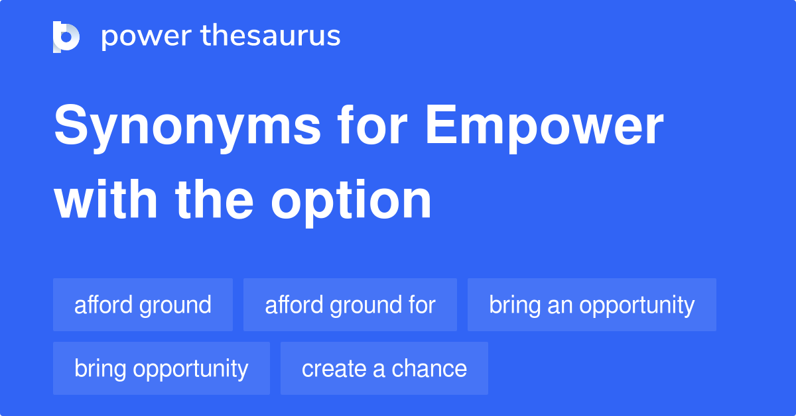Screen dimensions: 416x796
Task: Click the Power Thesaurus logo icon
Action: point(66,36)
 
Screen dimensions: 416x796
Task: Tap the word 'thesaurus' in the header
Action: point(271,36)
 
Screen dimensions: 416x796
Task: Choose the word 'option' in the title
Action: point(351,200)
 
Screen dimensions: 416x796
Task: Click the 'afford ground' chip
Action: point(143,305)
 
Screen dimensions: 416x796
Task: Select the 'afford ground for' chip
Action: point(350,305)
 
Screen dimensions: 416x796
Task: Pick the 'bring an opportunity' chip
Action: point(592,305)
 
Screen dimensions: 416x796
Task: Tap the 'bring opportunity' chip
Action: point(161,368)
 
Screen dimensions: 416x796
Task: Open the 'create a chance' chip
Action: point(384,368)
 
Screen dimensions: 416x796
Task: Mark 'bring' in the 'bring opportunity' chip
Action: point(101,368)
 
